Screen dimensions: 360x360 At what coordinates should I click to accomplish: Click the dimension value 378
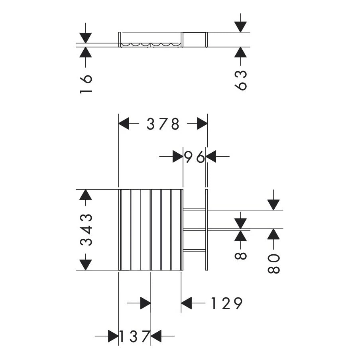click(163, 124)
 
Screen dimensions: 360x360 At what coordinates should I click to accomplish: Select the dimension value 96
click(195, 157)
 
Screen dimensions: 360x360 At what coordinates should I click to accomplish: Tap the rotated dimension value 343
click(87, 230)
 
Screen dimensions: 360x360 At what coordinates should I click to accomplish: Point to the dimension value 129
click(226, 304)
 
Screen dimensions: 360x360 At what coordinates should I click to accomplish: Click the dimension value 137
click(134, 336)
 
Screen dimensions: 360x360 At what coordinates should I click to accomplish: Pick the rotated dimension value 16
click(86, 84)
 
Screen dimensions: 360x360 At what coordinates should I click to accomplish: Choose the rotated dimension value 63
click(241, 80)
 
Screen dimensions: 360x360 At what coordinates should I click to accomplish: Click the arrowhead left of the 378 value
click(124, 124)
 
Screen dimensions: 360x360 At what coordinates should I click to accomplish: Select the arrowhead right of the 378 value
click(202, 124)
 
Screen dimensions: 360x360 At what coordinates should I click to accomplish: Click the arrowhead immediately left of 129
click(187, 303)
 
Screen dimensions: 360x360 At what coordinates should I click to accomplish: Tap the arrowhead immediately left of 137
click(113, 336)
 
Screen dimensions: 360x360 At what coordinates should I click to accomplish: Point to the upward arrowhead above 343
click(85, 195)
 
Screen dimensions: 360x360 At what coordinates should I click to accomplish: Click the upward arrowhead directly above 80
click(273, 234)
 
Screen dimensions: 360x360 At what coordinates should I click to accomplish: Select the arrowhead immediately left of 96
click(177, 157)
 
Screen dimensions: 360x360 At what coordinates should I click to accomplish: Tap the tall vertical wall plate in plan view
click(207, 230)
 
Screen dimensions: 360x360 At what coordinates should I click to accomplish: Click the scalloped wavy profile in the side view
click(151, 45)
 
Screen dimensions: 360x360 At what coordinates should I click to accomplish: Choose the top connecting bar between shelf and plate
click(194, 209)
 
